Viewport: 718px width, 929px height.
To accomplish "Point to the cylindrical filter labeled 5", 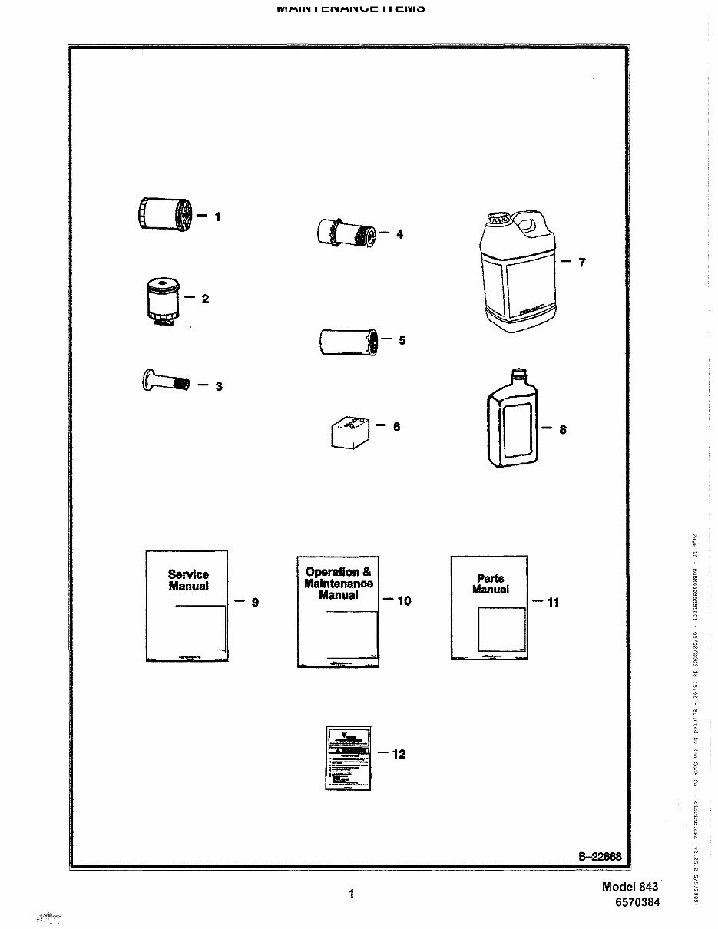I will pos(346,340).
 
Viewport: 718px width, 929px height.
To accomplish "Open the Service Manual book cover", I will pos(187,605).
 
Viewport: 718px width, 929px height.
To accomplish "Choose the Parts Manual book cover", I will pos(489,607).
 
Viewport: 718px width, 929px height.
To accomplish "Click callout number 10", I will pos(404,601).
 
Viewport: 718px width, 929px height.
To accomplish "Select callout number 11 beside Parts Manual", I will pos(552,603).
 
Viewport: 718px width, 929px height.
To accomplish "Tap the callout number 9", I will pos(255,603).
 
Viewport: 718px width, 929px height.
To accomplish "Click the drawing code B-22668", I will pos(600,857).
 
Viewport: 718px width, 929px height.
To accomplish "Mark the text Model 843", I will pos(630,886).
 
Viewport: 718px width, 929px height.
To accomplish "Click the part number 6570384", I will pos(637,902).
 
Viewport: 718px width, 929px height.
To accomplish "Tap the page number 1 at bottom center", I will pos(352,893).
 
